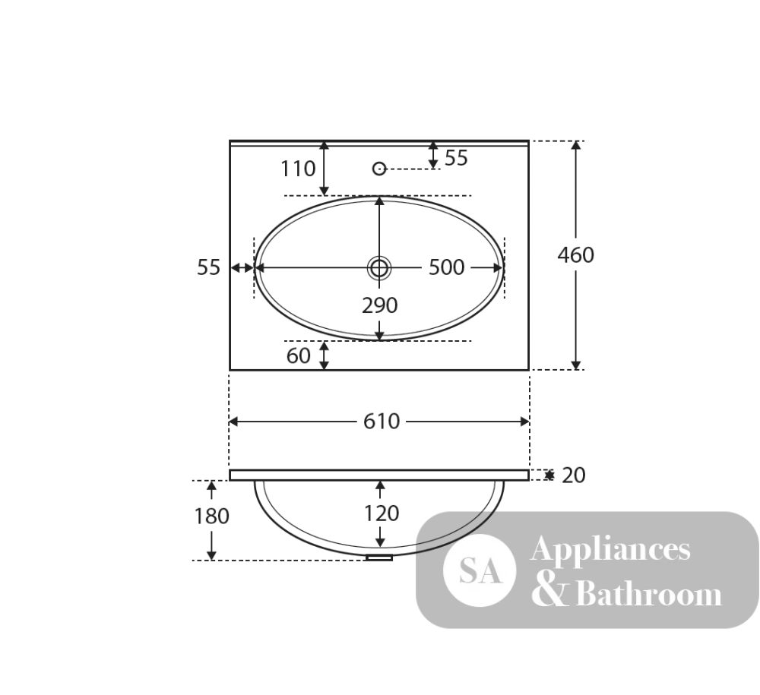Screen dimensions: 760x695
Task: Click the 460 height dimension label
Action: [x=575, y=254]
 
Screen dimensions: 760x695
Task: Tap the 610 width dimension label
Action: [x=382, y=422]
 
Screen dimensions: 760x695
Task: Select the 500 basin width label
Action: [x=446, y=267]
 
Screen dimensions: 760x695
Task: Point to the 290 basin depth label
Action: [x=379, y=305]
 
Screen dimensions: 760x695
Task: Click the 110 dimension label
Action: [x=298, y=169]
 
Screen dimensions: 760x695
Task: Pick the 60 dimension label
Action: [x=298, y=356]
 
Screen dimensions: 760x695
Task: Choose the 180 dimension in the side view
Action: [x=211, y=517]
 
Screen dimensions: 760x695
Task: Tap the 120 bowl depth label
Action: [x=382, y=513]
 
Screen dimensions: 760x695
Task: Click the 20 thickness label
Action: [x=573, y=475]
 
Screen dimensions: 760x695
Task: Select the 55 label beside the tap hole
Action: [x=456, y=158]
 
